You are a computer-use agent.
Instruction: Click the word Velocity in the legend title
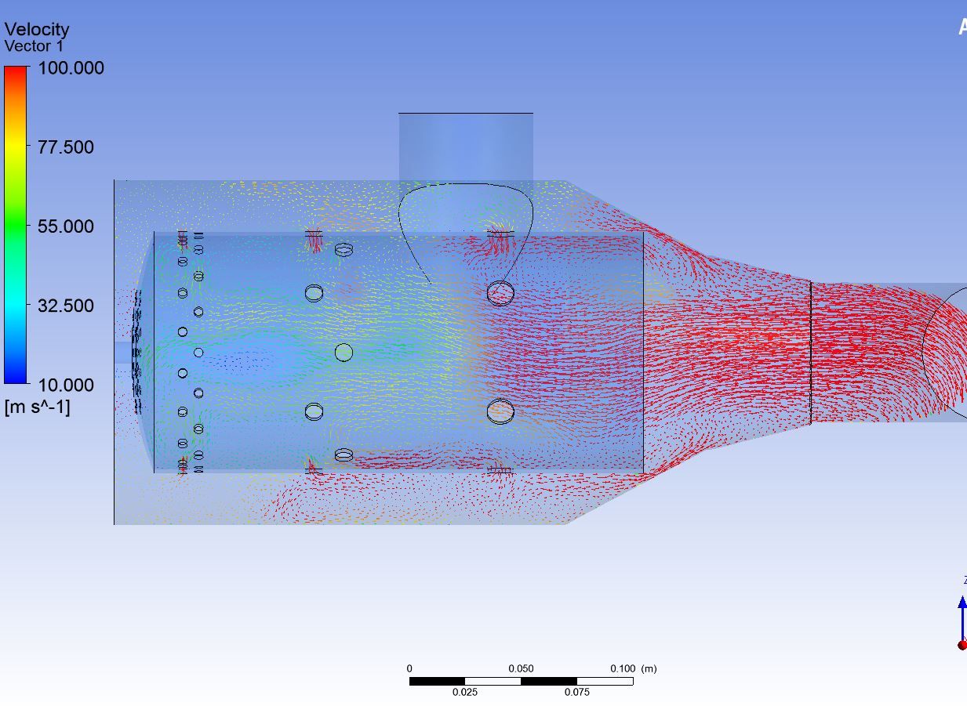tap(37, 29)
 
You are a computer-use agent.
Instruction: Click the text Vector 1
tap(34, 46)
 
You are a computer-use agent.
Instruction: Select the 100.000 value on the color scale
tap(71, 68)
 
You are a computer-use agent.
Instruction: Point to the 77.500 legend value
tap(66, 147)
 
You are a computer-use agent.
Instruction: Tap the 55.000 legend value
tap(66, 226)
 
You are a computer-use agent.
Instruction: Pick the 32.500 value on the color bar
tap(66, 306)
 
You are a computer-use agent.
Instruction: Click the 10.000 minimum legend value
tap(66, 386)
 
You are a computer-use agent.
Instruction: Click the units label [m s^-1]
tap(37, 407)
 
